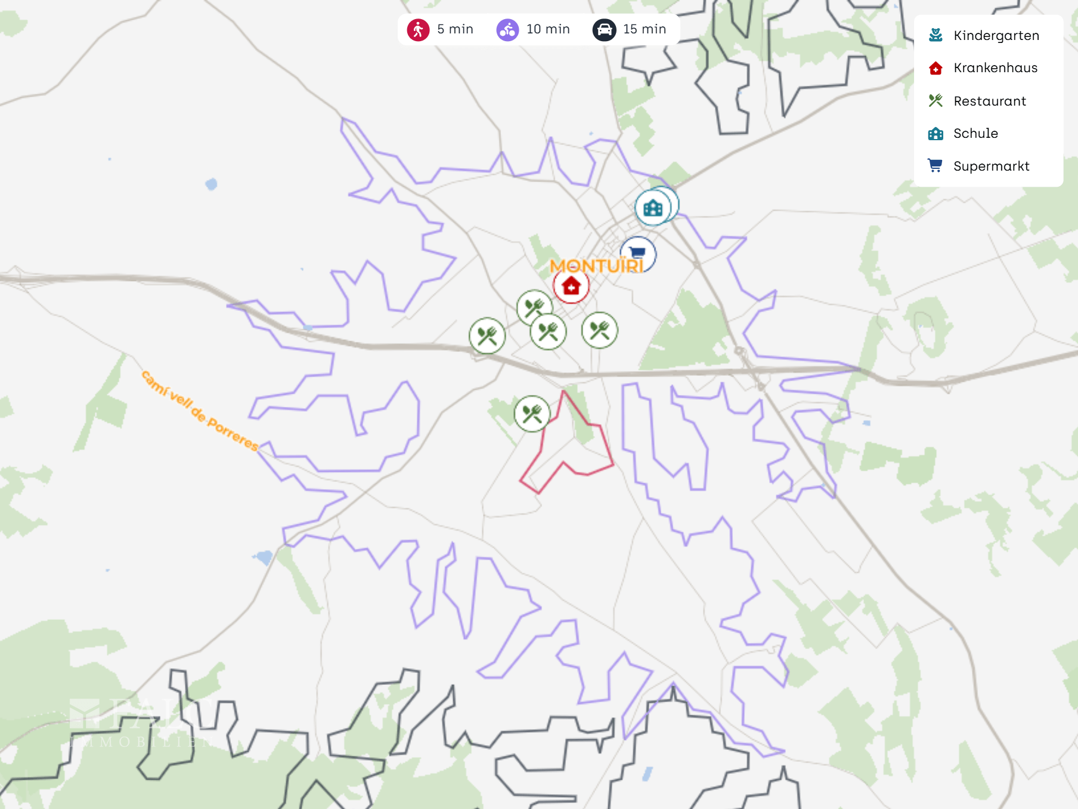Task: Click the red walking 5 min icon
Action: (x=418, y=29)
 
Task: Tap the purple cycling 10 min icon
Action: (x=507, y=29)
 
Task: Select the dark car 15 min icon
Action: (x=604, y=29)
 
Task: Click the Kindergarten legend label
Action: (x=996, y=35)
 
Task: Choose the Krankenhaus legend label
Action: (x=995, y=68)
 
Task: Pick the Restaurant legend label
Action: (x=989, y=101)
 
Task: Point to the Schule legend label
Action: (x=975, y=134)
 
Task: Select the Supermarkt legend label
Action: (x=991, y=166)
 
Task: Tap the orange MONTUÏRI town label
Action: (x=596, y=265)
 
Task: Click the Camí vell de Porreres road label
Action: (x=200, y=411)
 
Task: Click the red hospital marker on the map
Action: (x=571, y=286)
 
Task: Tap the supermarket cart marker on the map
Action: (x=638, y=253)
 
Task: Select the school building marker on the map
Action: (x=653, y=208)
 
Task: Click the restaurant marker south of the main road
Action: (x=532, y=413)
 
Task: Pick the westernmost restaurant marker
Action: (x=487, y=335)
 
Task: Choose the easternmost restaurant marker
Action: (x=599, y=329)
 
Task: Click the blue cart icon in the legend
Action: (x=935, y=165)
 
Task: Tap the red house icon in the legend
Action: (x=935, y=68)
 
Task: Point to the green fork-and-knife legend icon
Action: (x=935, y=101)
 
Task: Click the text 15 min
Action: (x=644, y=29)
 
